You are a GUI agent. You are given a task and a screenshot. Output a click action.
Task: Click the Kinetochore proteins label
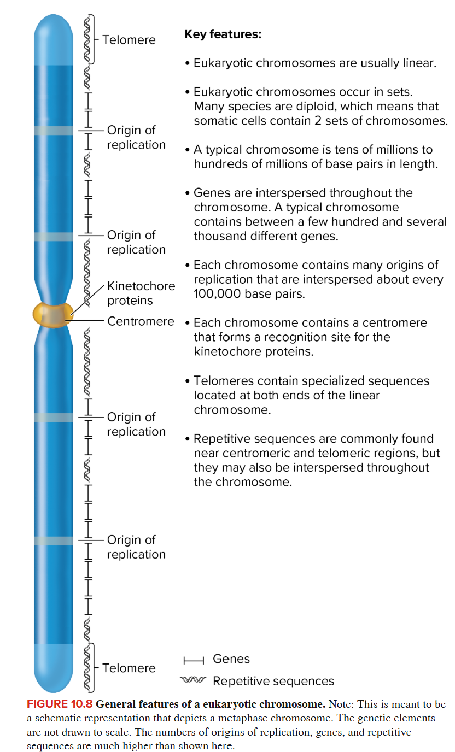tap(141, 293)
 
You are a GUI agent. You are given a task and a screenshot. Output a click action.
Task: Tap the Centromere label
tap(141, 321)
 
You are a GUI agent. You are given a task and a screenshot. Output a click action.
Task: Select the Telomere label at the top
tap(129, 40)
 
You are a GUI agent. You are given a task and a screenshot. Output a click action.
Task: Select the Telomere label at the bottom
tap(129, 668)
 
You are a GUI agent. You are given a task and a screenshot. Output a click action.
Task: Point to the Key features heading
tap(223, 34)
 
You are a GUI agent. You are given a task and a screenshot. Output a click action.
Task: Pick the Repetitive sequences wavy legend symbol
tap(194, 680)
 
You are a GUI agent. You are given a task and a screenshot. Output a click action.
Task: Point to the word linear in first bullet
tap(419, 63)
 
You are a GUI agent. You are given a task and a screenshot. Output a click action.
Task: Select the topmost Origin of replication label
tap(136, 137)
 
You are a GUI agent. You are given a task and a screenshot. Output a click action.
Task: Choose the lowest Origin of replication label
tap(136, 547)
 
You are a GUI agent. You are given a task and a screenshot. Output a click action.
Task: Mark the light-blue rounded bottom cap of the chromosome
tap(53, 669)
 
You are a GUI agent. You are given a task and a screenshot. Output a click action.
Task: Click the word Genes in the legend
tap(231, 659)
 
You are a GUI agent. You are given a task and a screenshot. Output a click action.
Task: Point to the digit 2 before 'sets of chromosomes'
tap(318, 121)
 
